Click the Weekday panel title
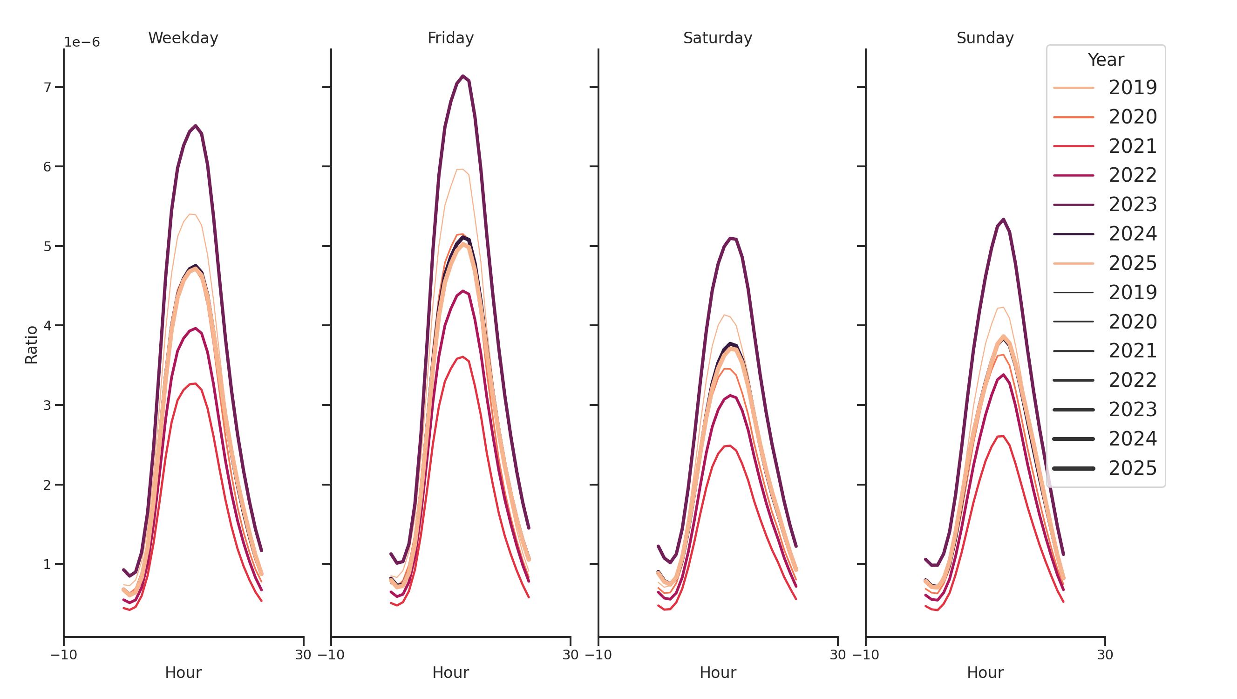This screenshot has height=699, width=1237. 183,38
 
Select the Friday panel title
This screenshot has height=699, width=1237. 450,38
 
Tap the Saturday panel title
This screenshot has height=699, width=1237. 717,38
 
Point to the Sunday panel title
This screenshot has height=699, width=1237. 985,38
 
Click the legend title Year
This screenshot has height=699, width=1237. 1105,60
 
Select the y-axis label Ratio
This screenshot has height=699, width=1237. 31,344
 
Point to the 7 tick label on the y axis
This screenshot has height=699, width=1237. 47,88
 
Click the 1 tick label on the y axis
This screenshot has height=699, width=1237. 47,564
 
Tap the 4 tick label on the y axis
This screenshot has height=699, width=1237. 47,326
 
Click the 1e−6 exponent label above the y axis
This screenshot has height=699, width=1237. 82,42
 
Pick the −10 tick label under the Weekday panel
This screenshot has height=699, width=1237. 63,655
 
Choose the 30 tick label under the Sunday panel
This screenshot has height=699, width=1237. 1105,655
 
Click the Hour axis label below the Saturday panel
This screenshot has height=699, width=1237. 717,672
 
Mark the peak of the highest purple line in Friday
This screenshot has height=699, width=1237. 462,76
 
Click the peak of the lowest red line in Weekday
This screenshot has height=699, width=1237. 195,384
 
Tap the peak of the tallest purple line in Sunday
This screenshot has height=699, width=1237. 1003,219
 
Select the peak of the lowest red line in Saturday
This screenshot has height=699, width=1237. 730,446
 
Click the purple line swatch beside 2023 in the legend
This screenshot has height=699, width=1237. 1073,205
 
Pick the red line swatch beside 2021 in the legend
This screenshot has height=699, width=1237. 1073,146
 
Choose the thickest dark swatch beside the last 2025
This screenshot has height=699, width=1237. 1073,468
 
